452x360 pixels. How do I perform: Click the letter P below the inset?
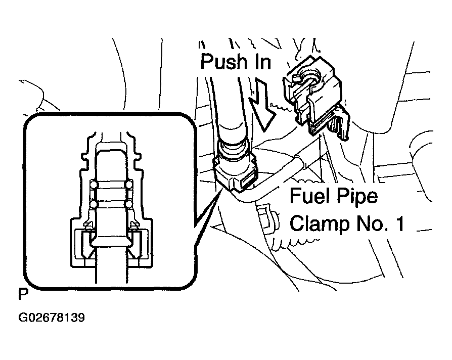tap(22, 293)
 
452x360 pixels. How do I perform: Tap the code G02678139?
tap(51, 319)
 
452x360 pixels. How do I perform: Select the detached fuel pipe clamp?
tap(313, 101)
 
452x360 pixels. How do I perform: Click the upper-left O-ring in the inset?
tap(94, 186)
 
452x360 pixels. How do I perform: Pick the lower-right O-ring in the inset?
tap(129, 204)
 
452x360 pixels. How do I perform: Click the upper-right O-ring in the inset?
tap(129, 186)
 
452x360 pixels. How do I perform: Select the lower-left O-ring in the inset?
tap(94, 204)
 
